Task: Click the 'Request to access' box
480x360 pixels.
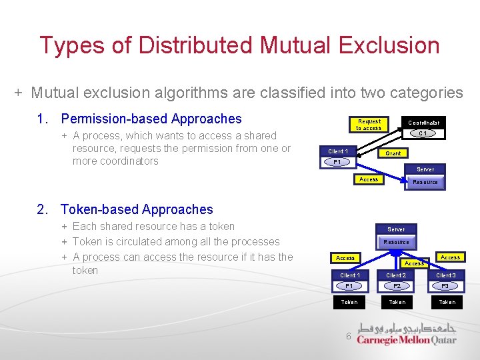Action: [x=369, y=125]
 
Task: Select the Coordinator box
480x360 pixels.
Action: [x=423, y=123]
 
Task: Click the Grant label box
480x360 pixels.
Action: [x=393, y=153]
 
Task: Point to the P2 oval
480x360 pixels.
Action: [x=397, y=286]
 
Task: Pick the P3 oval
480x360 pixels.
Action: [x=445, y=286]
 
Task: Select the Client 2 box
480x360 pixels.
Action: [x=397, y=275]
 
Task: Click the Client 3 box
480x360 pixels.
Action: [x=445, y=275]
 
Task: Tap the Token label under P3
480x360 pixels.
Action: [x=447, y=302]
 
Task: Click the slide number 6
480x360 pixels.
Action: [x=348, y=336]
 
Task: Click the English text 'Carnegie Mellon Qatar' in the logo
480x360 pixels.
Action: [x=406, y=340]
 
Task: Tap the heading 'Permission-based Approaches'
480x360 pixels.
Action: [x=151, y=119]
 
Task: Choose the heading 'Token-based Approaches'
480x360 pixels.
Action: [x=137, y=209]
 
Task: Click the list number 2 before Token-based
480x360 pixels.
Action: [x=43, y=209]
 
